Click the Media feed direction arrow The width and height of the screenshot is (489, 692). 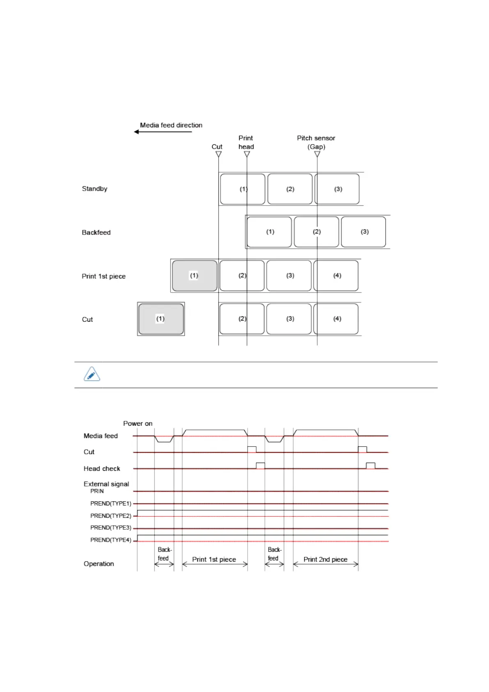(163, 132)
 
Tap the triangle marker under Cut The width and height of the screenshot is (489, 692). (218, 154)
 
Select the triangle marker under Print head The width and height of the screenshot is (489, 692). (247, 154)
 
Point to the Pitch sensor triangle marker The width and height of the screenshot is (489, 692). (317, 154)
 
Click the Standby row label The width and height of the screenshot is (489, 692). (94, 189)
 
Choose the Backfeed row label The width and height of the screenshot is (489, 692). (96, 233)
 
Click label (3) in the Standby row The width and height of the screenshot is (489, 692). (337, 189)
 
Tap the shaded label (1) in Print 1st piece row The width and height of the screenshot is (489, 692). (194, 276)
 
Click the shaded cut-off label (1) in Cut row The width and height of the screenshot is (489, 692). (161, 319)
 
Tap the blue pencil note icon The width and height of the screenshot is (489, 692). (92, 374)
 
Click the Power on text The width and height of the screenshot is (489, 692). (138, 424)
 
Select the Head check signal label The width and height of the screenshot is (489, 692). (102, 469)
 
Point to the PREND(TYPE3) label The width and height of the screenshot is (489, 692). (110, 528)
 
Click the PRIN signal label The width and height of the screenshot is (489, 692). (97, 491)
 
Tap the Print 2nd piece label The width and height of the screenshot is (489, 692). (325, 560)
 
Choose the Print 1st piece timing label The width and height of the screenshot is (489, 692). (214, 560)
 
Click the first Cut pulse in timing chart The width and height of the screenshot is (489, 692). (252, 449)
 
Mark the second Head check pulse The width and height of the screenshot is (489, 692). (370, 466)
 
